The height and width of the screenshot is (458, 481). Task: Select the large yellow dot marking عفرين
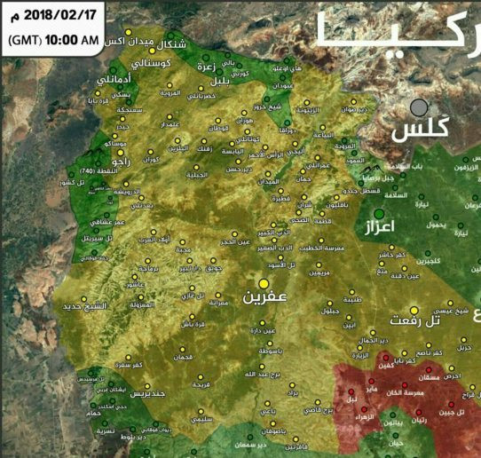click(263, 284)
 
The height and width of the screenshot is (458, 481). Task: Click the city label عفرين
click(264, 301)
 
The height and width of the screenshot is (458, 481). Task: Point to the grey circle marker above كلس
click(418, 108)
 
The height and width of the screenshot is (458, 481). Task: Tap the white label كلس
click(417, 132)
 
